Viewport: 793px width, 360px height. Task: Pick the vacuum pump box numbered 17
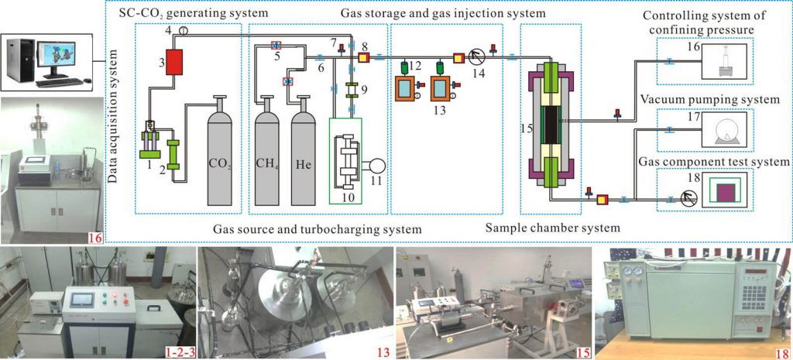[729, 130]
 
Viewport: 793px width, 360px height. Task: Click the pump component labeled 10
[347, 165]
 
